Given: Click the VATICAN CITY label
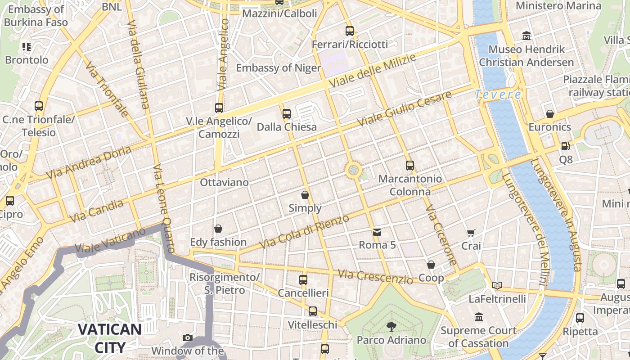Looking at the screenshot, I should [x=110, y=338].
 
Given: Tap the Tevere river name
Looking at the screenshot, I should [x=498, y=94].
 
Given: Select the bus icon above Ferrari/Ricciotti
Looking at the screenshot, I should [x=350, y=31].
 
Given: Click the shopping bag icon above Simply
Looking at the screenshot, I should [x=305, y=195].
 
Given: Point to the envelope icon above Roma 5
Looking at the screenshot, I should [x=377, y=232].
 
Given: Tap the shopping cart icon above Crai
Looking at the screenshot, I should [x=471, y=233].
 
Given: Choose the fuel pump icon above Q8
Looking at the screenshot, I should [x=565, y=146].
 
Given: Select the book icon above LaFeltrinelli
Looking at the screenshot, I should [x=497, y=285].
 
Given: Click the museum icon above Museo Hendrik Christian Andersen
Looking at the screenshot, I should [x=526, y=36].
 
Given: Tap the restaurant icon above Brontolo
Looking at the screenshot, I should [x=27, y=46].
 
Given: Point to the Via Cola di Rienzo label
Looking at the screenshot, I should [x=305, y=232].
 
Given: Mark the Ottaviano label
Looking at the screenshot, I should [x=224, y=182].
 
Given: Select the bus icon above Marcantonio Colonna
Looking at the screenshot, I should [x=409, y=165].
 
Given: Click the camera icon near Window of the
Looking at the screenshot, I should [x=188, y=337].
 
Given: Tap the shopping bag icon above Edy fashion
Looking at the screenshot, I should [x=218, y=229].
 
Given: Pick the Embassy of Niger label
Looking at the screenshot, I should [x=278, y=68].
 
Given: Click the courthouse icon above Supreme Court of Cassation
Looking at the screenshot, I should [x=478, y=317].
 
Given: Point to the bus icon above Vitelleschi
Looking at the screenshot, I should [x=312, y=311].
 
